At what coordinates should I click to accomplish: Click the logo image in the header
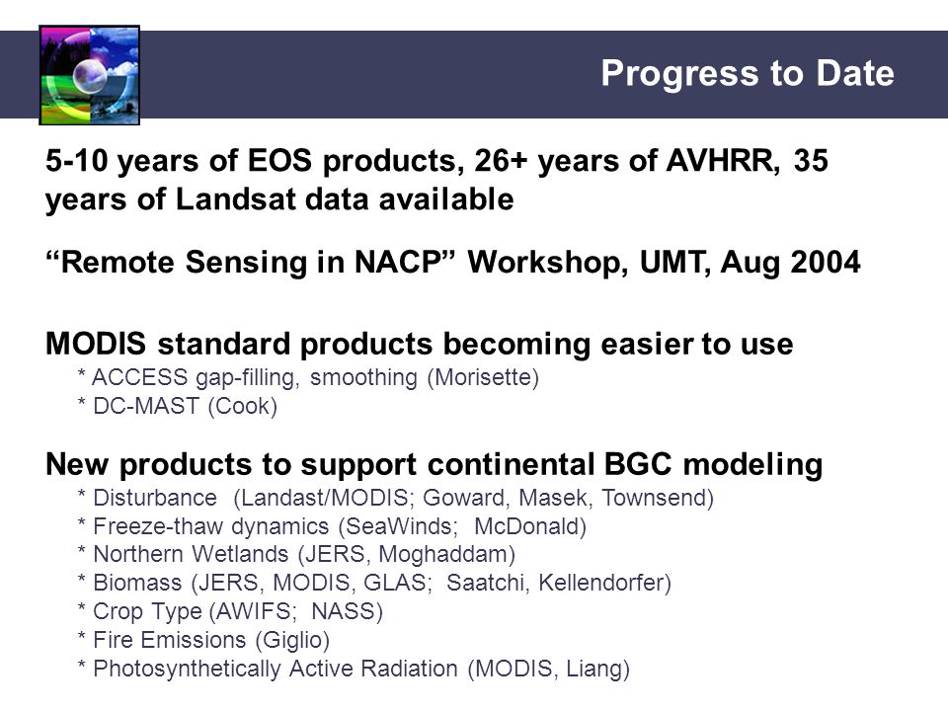pyautogui.click(x=90, y=75)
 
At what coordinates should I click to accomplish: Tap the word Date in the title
pyautogui.click(x=855, y=73)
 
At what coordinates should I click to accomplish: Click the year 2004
pyautogui.click(x=826, y=263)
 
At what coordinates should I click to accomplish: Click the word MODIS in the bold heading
pyautogui.click(x=96, y=344)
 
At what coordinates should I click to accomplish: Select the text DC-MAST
pyautogui.click(x=146, y=406)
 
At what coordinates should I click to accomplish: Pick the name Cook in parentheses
pyautogui.click(x=242, y=406)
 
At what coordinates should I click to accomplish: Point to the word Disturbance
pyautogui.click(x=155, y=498)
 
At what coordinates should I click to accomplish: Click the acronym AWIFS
pyautogui.click(x=254, y=611)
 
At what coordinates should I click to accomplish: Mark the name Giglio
pyautogui.click(x=292, y=640)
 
